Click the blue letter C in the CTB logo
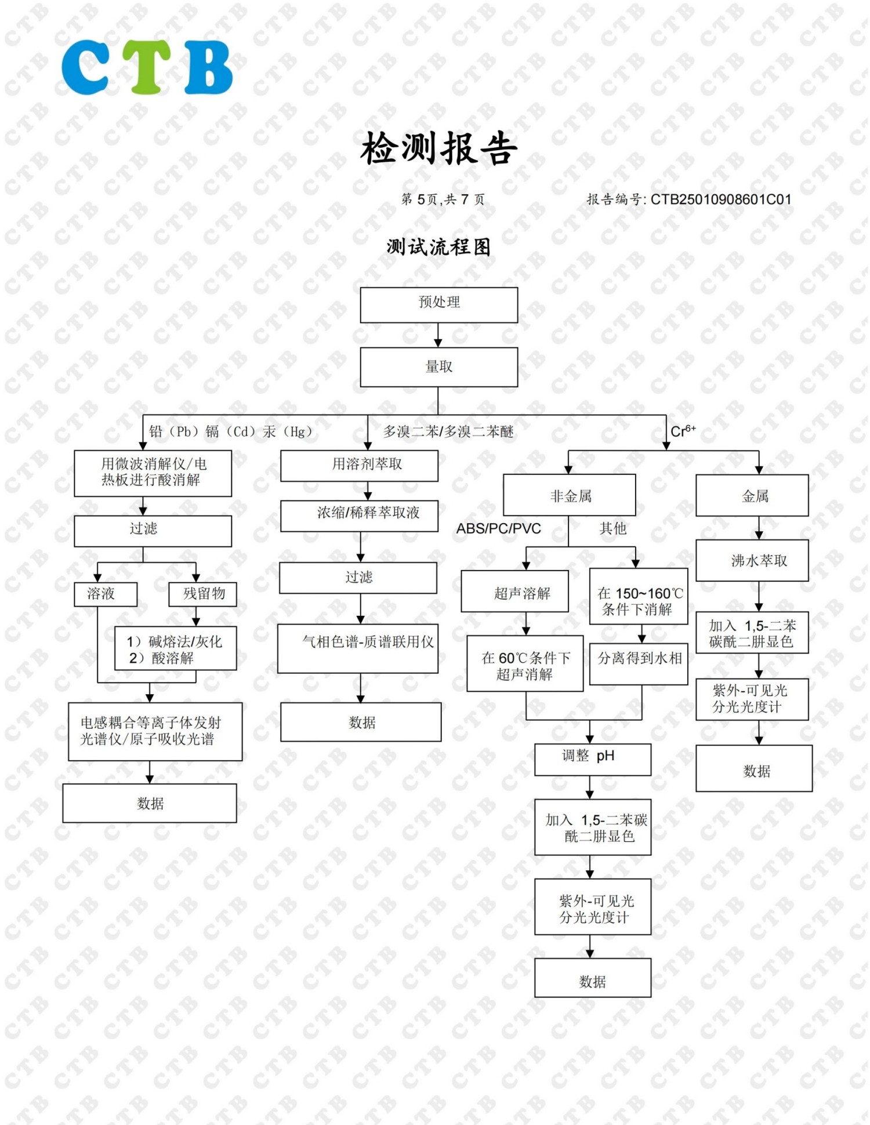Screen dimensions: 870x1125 coord(85,67)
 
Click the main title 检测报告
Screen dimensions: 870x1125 coord(438,148)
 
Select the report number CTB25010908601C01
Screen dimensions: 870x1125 coord(721,199)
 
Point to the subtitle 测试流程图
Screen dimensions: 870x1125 coord(438,247)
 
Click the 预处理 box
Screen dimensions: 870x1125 coord(439,305)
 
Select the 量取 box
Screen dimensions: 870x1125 coord(439,367)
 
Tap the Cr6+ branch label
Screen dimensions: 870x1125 coord(683,431)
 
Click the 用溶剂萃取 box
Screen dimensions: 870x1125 coord(360,466)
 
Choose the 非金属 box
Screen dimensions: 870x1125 coord(570,495)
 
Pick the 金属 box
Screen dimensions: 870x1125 coord(752,495)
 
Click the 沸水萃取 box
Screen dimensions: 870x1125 coord(752,561)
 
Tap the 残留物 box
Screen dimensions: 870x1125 coord(203,594)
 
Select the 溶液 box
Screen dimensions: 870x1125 coord(106,594)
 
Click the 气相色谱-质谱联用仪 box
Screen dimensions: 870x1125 coord(358,649)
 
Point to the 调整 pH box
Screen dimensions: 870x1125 coord(593,760)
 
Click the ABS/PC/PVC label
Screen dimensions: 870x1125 coord(499,529)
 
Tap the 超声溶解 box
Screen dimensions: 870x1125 coord(515,591)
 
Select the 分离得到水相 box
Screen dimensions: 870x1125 coord(639,664)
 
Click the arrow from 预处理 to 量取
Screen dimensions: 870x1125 coord(438,335)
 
